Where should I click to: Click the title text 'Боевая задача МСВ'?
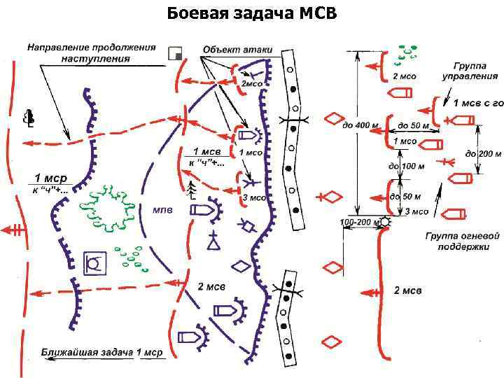point(252,13)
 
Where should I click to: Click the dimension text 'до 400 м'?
point(360,125)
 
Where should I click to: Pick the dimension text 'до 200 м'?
point(482,153)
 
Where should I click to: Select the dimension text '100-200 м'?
point(359,222)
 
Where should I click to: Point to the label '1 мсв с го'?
point(479,103)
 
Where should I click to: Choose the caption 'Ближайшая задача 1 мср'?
point(101,352)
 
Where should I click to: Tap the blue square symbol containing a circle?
point(94,263)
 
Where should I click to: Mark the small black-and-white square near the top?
point(176,54)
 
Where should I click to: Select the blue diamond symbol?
point(241,266)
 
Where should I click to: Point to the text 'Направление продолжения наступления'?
point(91,53)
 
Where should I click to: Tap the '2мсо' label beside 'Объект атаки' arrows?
point(252,83)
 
